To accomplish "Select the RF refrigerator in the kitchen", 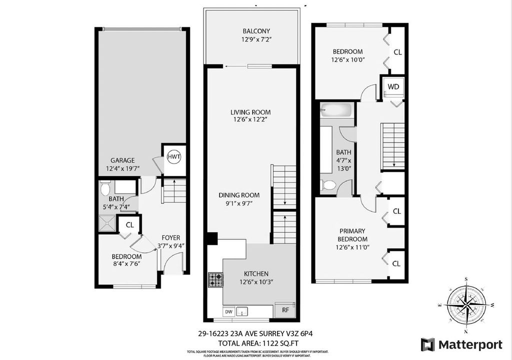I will (x=285, y=310).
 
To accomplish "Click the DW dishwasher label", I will (x=228, y=311).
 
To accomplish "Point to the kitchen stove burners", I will (x=215, y=280).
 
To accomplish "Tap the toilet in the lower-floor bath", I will (x=105, y=188).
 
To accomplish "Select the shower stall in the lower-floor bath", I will (x=106, y=223).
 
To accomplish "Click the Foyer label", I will (x=170, y=238).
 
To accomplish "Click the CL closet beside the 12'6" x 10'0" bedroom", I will (x=397, y=51).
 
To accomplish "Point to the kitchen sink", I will (x=242, y=311).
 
